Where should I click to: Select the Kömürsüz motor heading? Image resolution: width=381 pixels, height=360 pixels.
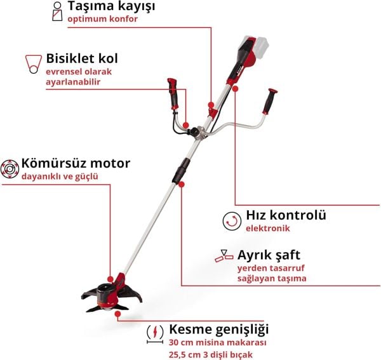pyautogui.click(x=76, y=163)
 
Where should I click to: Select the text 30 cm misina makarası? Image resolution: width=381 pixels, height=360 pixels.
pyautogui.click(x=209, y=343)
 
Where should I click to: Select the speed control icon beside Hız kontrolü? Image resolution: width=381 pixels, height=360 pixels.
pyautogui.click(x=232, y=220)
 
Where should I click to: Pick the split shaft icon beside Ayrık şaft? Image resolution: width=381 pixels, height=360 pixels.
pyautogui.click(x=224, y=255)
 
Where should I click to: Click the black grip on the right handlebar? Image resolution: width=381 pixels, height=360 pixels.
pyautogui.click(x=273, y=99)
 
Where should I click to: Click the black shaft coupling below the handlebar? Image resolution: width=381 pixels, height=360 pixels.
pyautogui.click(x=183, y=170)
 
